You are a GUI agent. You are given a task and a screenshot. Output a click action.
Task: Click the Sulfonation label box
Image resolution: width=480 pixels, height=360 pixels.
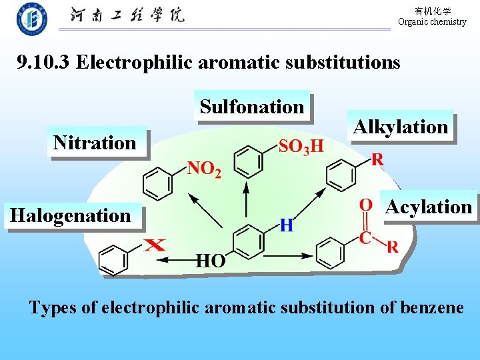tap(252, 107)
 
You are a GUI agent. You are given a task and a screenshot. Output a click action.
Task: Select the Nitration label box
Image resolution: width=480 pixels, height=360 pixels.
tap(95, 143)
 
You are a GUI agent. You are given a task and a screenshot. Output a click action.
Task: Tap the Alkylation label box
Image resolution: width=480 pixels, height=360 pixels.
tap(401, 127)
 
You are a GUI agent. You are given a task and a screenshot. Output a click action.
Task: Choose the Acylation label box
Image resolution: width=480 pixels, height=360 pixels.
tap(429, 207)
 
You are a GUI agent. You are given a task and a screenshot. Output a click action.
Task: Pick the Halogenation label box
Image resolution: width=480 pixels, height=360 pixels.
tap(71, 215)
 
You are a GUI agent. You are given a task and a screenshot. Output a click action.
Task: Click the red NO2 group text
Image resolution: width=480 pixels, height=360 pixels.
tap(204, 169)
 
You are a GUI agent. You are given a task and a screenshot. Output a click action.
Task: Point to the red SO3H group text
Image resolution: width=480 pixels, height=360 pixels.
tap(301, 145)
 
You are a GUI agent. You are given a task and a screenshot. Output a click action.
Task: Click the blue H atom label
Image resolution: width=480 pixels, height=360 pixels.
tap(286, 225)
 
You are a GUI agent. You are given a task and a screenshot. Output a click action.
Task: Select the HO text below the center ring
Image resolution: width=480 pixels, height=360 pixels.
tap(210, 261)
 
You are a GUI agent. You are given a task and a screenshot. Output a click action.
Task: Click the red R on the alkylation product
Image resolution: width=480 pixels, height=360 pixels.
tap(377, 160)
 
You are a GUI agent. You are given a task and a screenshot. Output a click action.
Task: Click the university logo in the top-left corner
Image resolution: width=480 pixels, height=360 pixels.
tap(31, 19)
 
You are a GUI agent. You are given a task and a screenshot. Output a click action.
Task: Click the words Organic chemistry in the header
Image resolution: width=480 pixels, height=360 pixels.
tap(432, 22)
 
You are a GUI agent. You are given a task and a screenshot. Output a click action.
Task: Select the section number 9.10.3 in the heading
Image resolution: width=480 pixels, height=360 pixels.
tap(44, 63)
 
